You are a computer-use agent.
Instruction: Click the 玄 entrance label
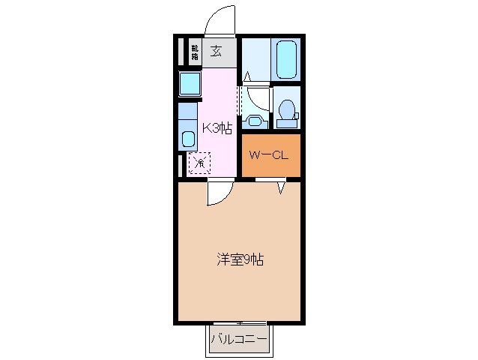[216, 52]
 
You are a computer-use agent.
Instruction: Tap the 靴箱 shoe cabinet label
[195, 52]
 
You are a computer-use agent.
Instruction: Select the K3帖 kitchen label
[216, 127]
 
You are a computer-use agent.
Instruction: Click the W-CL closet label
[270, 156]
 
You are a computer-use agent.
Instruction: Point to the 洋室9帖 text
[240, 260]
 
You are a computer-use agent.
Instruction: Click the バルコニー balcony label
[238, 340]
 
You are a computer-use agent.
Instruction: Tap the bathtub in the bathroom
[286, 59]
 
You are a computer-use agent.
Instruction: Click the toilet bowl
[285, 109]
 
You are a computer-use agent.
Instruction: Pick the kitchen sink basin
[188, 139]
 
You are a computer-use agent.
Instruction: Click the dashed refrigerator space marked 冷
[199, 162]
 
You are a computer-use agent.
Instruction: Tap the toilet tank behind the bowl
[295, 116]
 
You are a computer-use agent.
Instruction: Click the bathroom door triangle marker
[247, 76]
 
